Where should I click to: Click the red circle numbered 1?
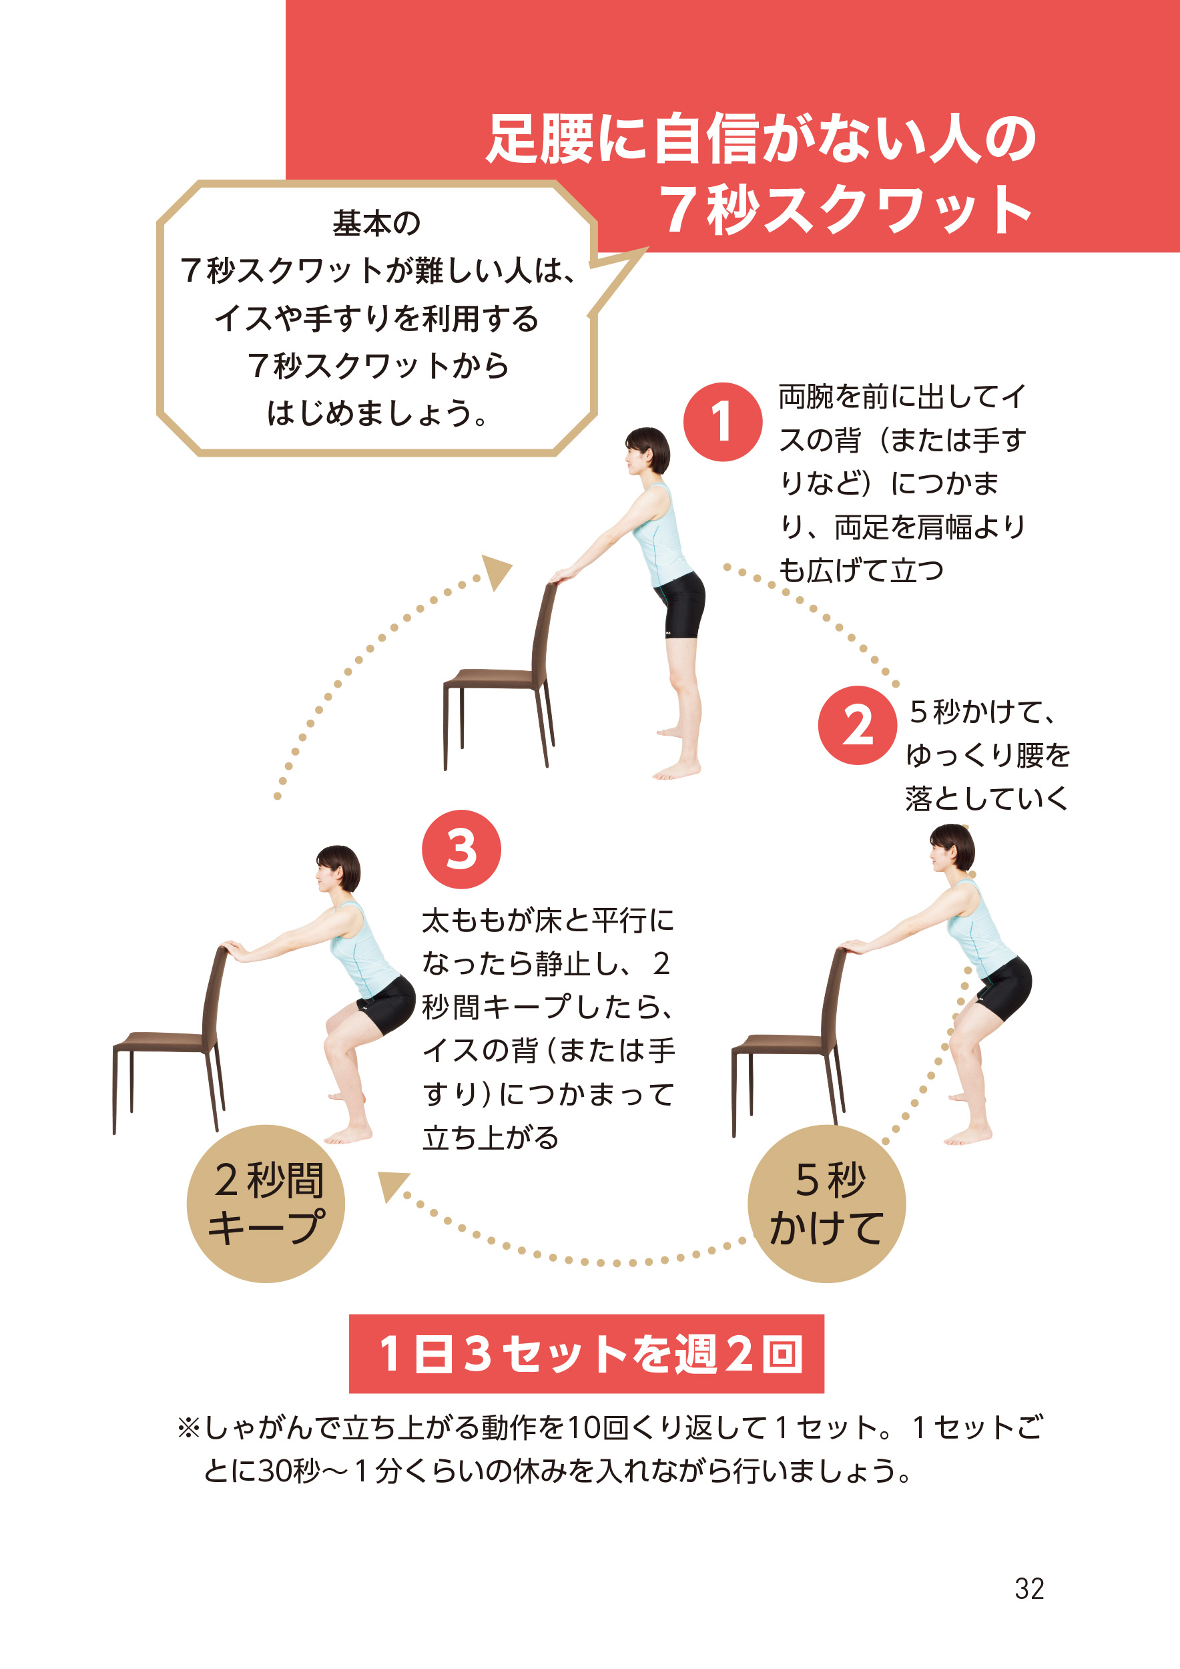(x=722, y=422)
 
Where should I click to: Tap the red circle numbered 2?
(x=858, y=725)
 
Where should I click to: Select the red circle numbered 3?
(x=461, y=849)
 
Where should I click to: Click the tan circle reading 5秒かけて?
(x=827, y=1204)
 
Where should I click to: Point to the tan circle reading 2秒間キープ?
(x=266, y=1204)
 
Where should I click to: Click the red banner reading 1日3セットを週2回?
(x=587, y=1353)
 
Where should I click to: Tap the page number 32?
(x=1029, y=1589)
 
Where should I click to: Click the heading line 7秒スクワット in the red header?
(x=846, y=210)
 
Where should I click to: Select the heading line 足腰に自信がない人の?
(x=761, y=139)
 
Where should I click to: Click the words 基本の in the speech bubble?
(x=376, y=223)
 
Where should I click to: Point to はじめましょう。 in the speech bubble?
(x=376, y=413)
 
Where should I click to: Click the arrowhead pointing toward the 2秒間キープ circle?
(x=392, y=1186)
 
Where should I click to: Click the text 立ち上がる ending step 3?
(x=491, y=1137)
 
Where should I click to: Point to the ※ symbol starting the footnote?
(x=188, y=1428)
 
